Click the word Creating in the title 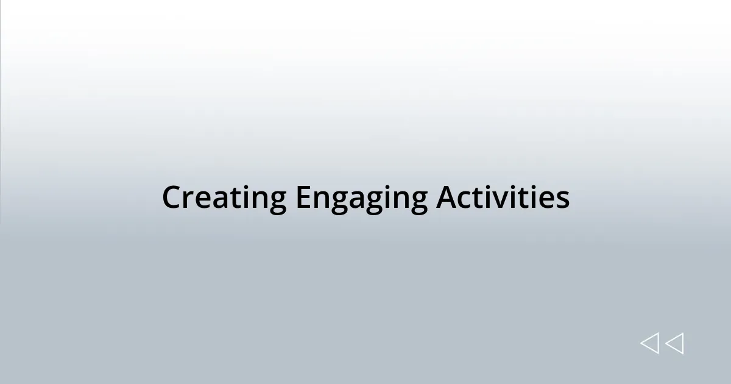224,198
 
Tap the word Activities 503,197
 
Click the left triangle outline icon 649,344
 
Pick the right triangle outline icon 674,344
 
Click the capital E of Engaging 303,198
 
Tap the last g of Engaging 418,202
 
